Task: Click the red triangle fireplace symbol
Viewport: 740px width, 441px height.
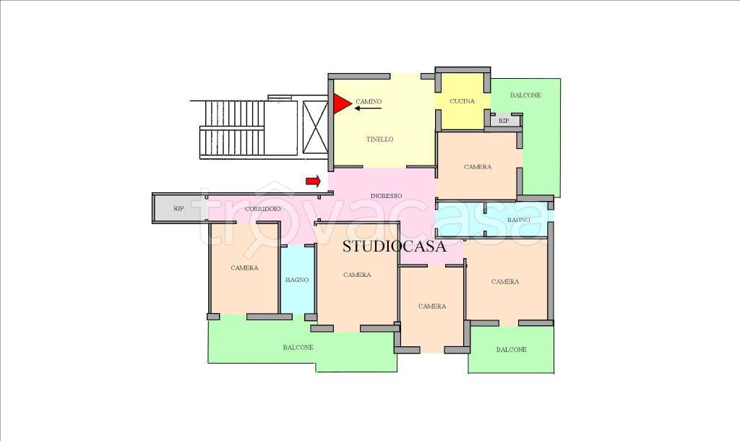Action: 341,104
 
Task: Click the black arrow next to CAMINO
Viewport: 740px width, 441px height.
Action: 368,108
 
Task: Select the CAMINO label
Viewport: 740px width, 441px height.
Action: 369,101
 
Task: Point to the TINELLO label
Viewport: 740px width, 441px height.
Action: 380,140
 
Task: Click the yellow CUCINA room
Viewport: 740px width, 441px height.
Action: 462,101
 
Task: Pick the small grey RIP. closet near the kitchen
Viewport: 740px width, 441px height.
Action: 504,121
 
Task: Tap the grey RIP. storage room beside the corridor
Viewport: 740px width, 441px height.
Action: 179,208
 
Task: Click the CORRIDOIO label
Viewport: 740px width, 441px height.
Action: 263,209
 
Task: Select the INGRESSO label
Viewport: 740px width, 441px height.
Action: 386,195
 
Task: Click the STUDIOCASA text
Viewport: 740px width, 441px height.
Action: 394,246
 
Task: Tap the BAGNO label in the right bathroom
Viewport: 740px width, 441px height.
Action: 519,220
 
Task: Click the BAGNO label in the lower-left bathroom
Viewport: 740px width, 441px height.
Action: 297,280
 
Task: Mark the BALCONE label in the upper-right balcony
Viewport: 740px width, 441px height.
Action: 525,95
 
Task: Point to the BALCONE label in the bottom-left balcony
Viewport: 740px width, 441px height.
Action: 298,348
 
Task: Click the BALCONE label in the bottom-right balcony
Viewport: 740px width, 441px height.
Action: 511,350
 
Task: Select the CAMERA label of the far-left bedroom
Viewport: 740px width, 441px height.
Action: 244,268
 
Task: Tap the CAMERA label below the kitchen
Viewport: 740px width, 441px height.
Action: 478,167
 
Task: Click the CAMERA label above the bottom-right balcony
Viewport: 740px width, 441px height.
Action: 505,282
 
